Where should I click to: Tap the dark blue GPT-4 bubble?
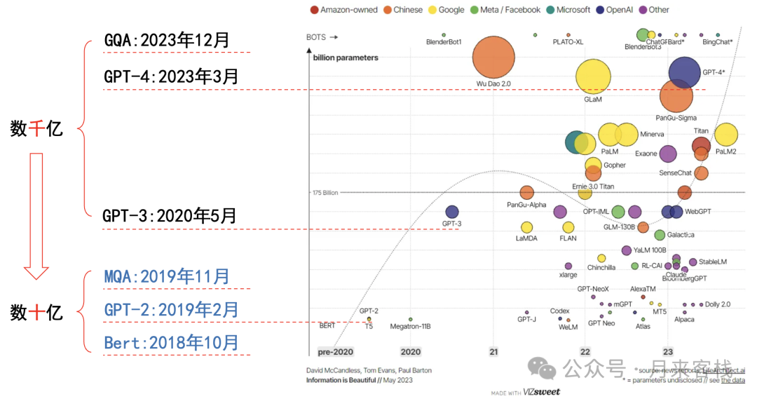[x=685, y=72]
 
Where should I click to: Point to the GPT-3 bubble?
[x=452, y=212]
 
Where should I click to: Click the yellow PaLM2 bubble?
[x=726, y=136]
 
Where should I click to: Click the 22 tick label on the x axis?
[x=585, y=352]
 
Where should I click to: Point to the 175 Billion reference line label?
[x=325, y=192]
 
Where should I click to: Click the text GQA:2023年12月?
[x=167, y=40]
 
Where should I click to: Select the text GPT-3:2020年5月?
[x=169, y=216]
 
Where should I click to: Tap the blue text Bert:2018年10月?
[x=171, y=343]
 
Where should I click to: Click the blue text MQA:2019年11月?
[x=167, y=276]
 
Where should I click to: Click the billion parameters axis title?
[x=346, y=58]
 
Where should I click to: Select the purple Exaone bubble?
[x=668, y=154]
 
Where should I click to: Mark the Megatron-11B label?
[x=410, y=326]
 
